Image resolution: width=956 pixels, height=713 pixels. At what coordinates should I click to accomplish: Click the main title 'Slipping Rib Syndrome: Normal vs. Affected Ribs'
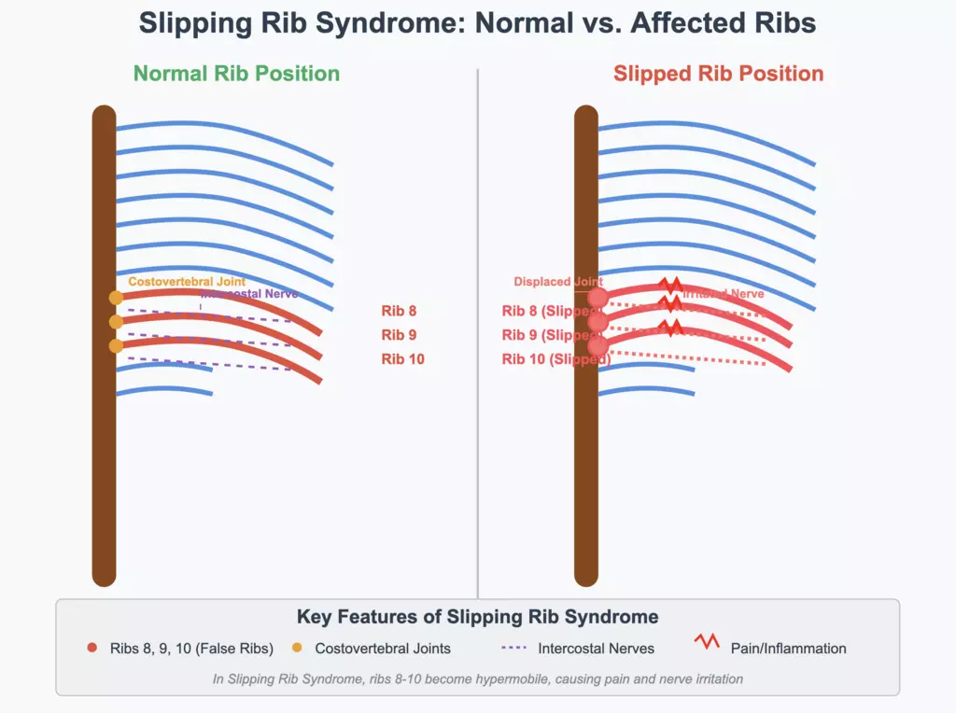pos(477,22)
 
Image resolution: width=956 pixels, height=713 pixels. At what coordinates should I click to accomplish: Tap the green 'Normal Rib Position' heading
pos(236,73)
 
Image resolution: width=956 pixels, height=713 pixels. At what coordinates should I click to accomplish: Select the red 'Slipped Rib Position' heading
pos(718,73)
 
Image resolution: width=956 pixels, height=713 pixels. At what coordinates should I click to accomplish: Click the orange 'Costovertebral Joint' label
pos(187,281)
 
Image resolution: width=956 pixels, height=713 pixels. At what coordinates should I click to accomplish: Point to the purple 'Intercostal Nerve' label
pos(249,294)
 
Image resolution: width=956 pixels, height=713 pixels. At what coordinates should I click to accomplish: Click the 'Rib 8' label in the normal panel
pos(399,312)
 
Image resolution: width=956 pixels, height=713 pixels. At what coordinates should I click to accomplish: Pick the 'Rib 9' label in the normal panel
pos(399,335)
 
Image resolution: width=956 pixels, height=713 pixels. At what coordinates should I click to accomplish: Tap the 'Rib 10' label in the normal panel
pos(402,358)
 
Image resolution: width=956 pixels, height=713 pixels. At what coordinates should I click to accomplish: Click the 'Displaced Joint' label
pos(558,281)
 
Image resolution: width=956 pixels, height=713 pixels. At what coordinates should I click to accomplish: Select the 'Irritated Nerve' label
pos(723,294)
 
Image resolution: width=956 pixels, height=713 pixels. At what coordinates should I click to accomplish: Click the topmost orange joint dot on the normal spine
pos(116,298)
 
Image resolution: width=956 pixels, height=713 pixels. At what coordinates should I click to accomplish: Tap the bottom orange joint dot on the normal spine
pos(116,346)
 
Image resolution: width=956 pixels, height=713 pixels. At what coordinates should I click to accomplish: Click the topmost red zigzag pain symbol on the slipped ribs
pos(668,284)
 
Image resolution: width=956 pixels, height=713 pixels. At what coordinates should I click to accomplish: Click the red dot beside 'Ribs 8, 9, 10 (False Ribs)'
pos(91,648)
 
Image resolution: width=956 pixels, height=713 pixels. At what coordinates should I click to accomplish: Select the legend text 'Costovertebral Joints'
pos(383,648)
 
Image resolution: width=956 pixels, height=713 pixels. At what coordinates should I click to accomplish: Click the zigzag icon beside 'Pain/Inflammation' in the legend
pos(706,642)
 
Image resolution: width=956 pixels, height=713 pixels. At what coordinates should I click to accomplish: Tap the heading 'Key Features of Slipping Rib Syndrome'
pos(477,617)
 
